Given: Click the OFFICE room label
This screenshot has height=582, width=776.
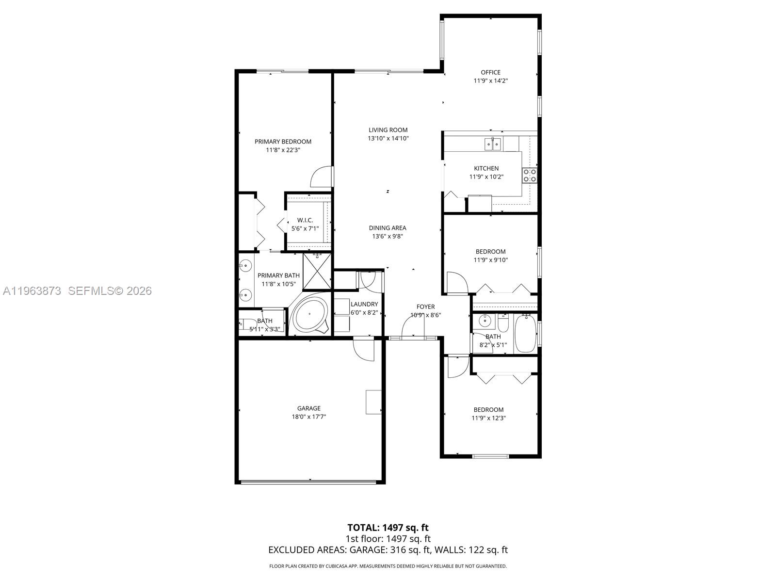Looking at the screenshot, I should click(490, 72).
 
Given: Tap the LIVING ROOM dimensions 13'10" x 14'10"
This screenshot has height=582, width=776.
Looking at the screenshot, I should click(388, 138).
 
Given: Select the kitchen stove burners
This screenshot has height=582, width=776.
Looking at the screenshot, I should click(529, 175).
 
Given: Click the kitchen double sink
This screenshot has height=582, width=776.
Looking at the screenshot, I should click(493, 144).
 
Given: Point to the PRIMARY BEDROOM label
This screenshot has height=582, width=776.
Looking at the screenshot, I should click(283, 142).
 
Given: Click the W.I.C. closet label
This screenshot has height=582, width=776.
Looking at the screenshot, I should click(305, 220).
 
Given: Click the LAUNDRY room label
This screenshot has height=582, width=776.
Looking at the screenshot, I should click(364, 304).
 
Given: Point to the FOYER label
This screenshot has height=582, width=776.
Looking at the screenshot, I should click(425, 307).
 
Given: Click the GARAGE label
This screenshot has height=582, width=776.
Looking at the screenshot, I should click(309, 408).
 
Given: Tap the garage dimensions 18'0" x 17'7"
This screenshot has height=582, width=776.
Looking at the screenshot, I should click(309, 417).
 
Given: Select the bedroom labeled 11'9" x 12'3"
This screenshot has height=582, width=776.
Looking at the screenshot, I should click(488, 414).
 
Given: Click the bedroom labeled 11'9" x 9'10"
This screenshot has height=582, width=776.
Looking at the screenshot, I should click(490, 256).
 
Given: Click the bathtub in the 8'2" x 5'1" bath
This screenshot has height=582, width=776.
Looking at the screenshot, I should click(525, 333).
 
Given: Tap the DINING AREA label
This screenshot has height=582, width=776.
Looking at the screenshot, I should click(388, 228).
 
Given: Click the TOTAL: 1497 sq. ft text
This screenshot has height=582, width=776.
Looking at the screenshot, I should click(388, 527).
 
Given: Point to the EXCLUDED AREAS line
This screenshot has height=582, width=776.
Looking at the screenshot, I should click(388, 550).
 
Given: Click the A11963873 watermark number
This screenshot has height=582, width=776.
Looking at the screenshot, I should click(32, 291).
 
